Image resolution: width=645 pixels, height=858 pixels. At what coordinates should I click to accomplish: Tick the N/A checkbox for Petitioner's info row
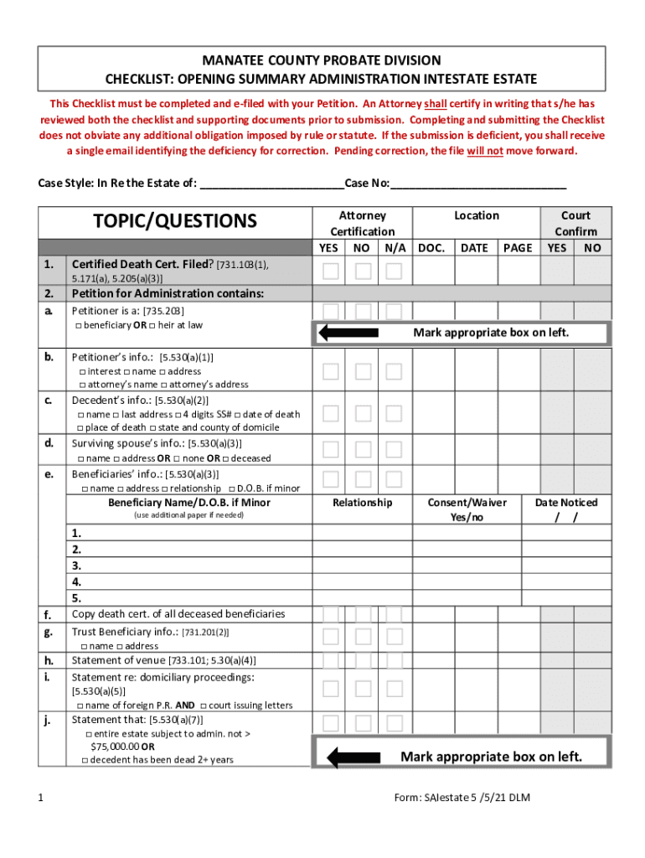coord(394,371)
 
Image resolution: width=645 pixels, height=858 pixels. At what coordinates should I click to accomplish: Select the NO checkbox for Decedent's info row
coord(362,413)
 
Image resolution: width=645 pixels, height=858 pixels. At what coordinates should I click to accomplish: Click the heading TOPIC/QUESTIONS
coord(175,221)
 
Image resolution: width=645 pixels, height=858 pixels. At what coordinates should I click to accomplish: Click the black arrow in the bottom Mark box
coord(344,758)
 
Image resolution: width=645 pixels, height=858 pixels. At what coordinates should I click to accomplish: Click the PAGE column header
coord(518,248)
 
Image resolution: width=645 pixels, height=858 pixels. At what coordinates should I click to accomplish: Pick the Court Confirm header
coord(575,223)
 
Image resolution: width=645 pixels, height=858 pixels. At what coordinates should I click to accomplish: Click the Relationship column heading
coord(362,503)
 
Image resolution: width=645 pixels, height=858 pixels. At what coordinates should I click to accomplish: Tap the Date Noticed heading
coord(566,503)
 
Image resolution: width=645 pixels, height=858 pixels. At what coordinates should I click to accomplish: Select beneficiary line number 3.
coord(77,566)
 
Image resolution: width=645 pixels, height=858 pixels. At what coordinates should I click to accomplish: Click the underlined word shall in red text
coord(436,104)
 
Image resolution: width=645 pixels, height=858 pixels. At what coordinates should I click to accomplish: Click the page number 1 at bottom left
coord(41,799)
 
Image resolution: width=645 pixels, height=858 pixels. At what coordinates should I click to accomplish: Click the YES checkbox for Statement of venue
coord(331,660)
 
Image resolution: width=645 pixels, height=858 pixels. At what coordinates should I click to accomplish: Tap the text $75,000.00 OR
coord(122,746)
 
